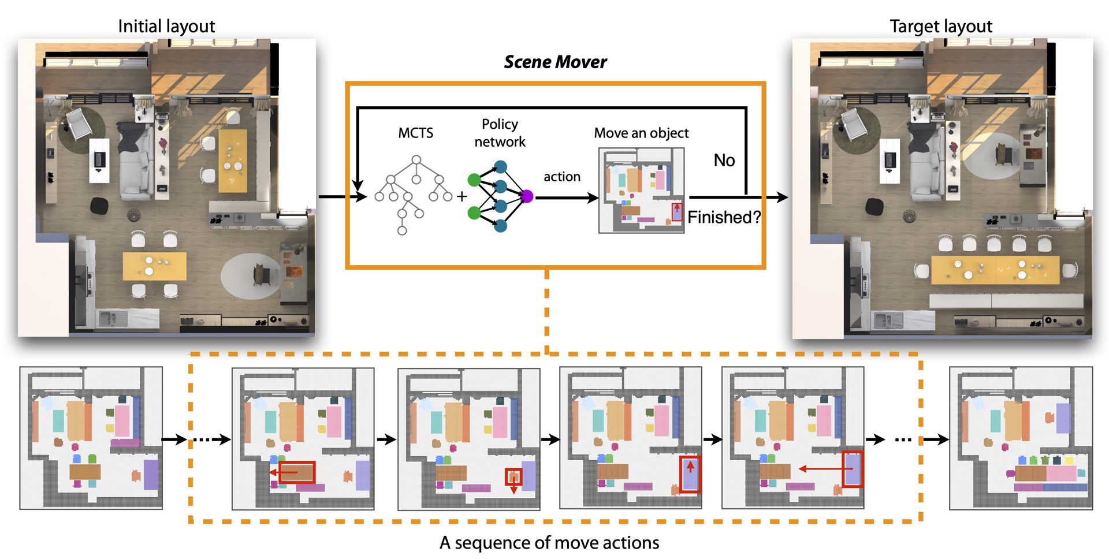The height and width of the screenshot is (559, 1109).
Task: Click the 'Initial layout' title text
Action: pos(166,26)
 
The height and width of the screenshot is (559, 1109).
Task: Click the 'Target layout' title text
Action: pos(940,26)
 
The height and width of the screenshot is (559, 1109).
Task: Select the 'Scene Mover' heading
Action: pos(555,62)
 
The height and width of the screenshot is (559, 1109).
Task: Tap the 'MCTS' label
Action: pos(415,133)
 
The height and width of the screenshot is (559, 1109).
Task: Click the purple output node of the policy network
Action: pos(527,196)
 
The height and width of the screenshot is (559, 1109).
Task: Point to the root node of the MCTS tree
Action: pos(416,159)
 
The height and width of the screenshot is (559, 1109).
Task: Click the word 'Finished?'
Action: pos(724,217)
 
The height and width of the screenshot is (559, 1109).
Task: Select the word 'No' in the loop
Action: pos(724,160)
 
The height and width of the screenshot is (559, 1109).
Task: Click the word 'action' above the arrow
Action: pos(561,177)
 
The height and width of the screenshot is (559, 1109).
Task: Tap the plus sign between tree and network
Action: pos(462,197)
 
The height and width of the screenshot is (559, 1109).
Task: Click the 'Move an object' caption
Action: pos(641,133)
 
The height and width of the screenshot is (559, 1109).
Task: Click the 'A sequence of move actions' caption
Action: pos(549,542)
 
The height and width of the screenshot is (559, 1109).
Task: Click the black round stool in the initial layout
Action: pos(99,205)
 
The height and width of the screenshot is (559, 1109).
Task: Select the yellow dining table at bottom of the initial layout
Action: pos(154,266)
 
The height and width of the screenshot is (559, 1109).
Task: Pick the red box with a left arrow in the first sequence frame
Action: pos(297,472)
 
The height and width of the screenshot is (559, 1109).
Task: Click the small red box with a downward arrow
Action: pos(513,477)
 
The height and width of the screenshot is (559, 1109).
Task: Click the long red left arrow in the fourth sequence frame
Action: pos(820,469)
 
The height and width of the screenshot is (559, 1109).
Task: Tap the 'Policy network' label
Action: pos(500,133)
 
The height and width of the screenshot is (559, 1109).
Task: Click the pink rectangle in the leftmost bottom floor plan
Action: pos(122,420)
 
